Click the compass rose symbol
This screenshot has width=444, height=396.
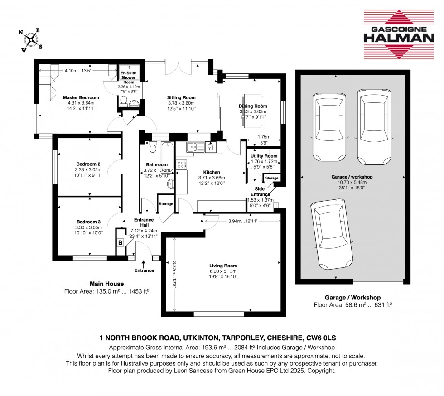(x=31, y=40)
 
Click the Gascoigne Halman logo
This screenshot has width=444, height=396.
(x=399, y=34)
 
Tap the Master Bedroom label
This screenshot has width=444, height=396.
(x=81, y=97)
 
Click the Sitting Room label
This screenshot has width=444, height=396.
(x=181, y=97)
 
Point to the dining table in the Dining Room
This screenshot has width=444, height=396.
(x=253, y=111)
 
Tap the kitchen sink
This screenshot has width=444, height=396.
(x=195, y=147)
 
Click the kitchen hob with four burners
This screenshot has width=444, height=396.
(x=181, y=165)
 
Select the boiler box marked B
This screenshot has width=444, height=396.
(x=121, y=243)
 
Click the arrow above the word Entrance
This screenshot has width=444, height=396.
(x=144, y=264)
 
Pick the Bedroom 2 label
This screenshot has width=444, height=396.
(x=88, y=164)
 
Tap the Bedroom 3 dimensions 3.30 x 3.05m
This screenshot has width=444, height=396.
(x=89, y=227)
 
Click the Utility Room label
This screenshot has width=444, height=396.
(x=264, y=156)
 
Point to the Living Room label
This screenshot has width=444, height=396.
(x=223, y=266)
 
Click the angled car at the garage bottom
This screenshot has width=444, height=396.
(x=332, y=235)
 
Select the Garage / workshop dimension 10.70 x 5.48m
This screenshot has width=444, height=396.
(x=352, y=182)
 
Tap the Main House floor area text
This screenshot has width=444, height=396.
(x=107, y=291)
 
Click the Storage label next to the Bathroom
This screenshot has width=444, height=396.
(x=166, y=204)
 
